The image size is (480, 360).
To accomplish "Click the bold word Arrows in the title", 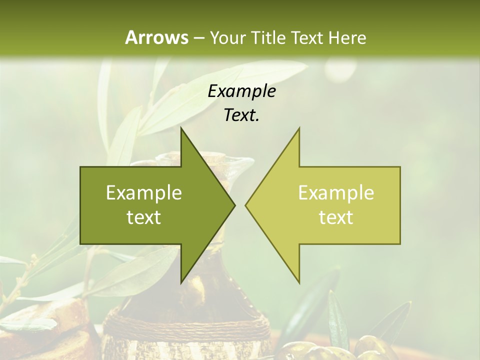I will coord(156,37).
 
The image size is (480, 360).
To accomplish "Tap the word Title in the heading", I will coord(267,37).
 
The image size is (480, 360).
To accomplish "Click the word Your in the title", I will coord(227,37).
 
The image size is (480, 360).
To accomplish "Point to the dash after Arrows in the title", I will coord(198,38).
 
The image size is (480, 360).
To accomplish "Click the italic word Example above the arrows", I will coord(241,91).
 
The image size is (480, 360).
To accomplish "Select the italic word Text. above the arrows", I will coord(241,115).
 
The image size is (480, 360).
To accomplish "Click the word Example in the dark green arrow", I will coord(144,193).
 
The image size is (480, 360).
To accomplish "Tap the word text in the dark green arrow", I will coord(144,217).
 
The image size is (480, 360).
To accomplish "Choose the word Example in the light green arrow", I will coord(336,193).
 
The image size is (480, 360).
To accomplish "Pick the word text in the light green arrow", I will coord(336,217).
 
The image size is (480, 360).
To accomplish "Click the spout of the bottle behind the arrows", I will coord(243,162).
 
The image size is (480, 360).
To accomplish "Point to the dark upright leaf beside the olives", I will coord(338,320).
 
